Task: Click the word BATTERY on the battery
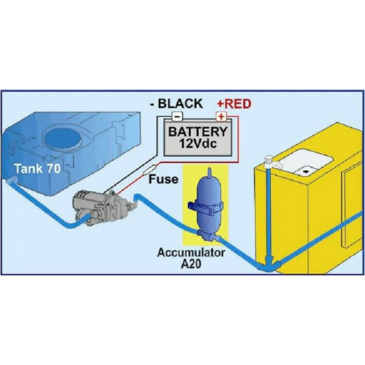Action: pyautogui.click(x=198, y=131)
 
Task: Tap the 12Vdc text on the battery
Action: pyautogui.click(x=198, y=143)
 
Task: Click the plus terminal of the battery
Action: pyautogui.click(x=221, y=116)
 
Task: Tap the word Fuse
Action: pyautogui.click(x=163, y=179)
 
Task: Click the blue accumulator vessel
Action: pyautogui.click(x=205, y=209)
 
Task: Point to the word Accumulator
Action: pyautogui.click(x=191, y=253)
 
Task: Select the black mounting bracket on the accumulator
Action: pyautogui.click(x=205, y=213)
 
